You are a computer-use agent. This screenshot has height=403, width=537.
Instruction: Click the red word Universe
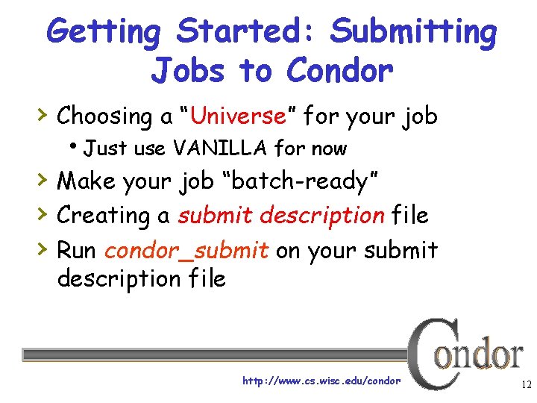click(238, 116)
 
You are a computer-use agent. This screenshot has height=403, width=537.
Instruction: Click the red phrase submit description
click(280, 215)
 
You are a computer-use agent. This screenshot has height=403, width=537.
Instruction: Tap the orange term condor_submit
click(186, 249)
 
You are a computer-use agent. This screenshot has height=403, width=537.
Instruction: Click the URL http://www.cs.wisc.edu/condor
click(321, 381)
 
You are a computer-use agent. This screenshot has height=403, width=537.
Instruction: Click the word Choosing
click(104, 116)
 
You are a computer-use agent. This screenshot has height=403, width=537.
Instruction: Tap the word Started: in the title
click(248, 33)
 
